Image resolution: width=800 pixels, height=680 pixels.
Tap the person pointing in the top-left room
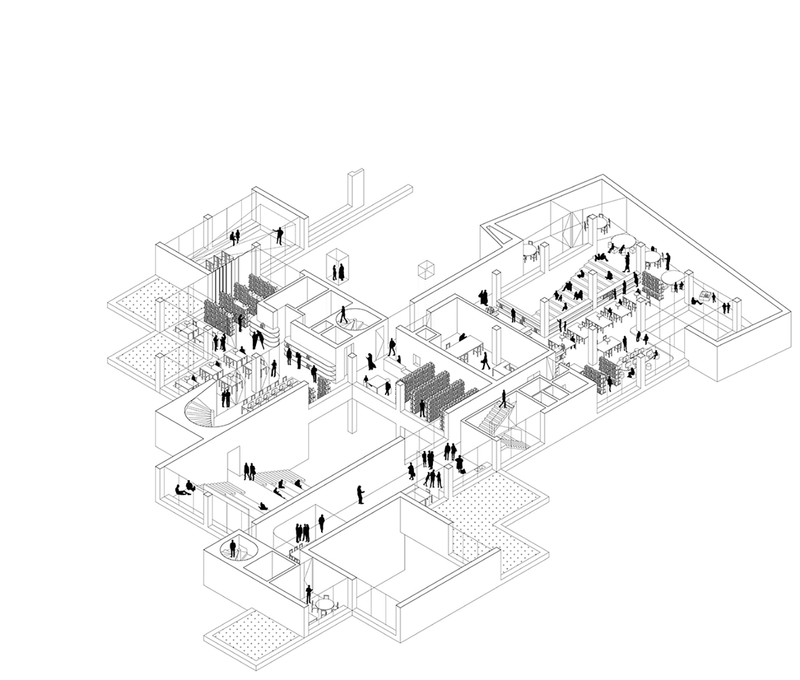point(279,235)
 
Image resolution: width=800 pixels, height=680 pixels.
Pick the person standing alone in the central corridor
point(360,494)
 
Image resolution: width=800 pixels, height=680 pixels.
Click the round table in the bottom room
point(325,606)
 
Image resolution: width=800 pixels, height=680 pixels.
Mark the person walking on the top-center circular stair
point(343,314)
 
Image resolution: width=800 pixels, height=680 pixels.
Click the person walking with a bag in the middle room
point(484,360)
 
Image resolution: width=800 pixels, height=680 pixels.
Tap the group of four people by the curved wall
point(301,532)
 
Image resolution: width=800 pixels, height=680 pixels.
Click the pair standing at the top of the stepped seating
point(249,470)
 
